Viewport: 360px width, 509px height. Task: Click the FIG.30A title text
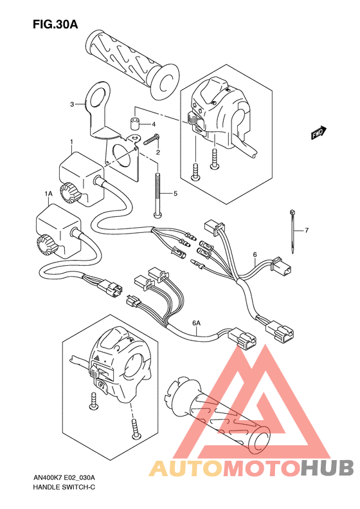pyautogui.click(x=55, y=25)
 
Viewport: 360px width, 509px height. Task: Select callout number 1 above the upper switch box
pyautogui.click(x=71, y=142)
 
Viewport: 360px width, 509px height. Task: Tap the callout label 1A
pyautogui.click(x=48, y=193)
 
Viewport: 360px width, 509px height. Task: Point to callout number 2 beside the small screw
pyautogui.click(x=157, y=152)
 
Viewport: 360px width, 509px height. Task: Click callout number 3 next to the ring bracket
pyautogui.click(x=73, y=103)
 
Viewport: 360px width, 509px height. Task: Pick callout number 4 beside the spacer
pyautogui.click(x=154, y=124)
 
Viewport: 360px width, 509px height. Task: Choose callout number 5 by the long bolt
pyautogui.click(x=174, y=193)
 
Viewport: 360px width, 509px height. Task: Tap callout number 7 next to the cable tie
pyautogui.click(x=307, y=230)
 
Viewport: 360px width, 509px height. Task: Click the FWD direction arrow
pyautogui.click(x=317, y=134)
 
